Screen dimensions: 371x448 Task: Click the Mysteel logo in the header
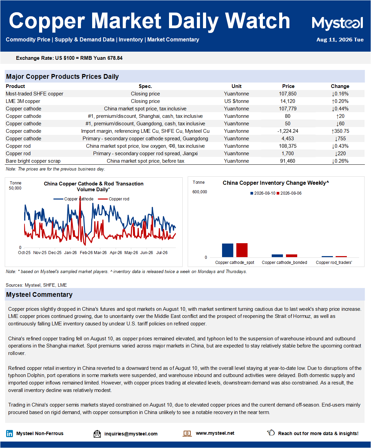(x=337, y=23)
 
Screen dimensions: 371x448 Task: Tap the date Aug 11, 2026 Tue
(x=340, y=40)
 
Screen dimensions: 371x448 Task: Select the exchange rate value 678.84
(x=115, y=58)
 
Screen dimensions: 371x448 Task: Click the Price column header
(x=288, y=86)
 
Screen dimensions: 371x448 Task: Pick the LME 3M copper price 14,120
(x=288, y=101)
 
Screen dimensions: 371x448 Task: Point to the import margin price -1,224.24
(x=288, y=131)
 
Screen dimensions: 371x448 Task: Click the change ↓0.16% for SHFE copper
(x=340, y=94)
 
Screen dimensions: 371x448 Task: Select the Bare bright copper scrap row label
(x=33, y=161)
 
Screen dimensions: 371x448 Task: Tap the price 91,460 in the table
(x=288, y=161)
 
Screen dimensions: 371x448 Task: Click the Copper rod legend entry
(x=114, y=199)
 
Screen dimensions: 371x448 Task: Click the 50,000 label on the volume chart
(x=15, y=188)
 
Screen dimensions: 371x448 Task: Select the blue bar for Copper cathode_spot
(x=227, y=250)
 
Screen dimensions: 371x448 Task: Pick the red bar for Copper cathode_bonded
(x=291, y=256)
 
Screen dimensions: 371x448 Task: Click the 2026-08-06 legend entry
(x=289, y=193)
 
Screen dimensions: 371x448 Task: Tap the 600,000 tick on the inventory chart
(x=200, y=192)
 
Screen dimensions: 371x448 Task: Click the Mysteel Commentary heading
(x=39, y=294)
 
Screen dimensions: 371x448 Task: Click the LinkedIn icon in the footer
(x=10, y=433)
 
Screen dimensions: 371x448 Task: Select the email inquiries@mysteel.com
(x=131, y=434)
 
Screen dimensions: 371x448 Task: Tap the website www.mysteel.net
(x=215, y=433)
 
